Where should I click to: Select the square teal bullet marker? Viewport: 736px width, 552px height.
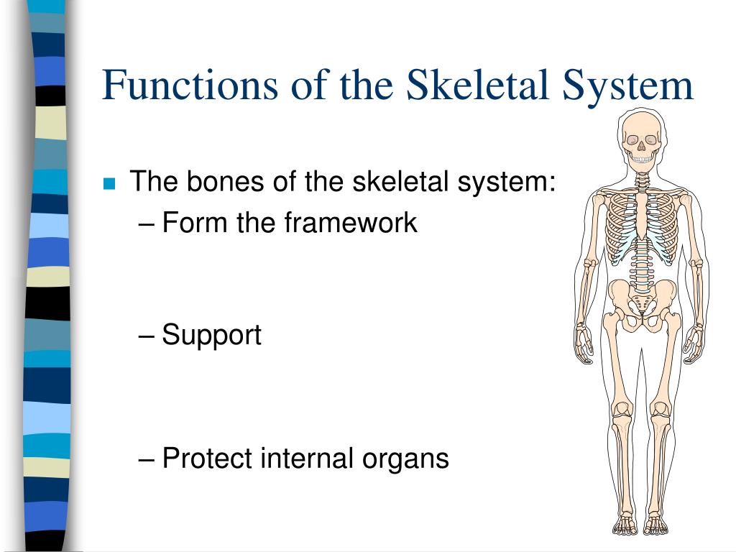[x=109, y=183]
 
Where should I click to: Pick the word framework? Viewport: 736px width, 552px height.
[x=350, y=223]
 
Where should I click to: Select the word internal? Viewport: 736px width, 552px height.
[x=301, y=458]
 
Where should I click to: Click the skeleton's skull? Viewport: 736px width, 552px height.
[x=641, y=140]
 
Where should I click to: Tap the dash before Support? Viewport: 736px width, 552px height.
[x=147, y=336]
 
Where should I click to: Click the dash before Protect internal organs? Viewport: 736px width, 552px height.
[x=147, y=459]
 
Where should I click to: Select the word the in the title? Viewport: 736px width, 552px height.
[x=367, y=85]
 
